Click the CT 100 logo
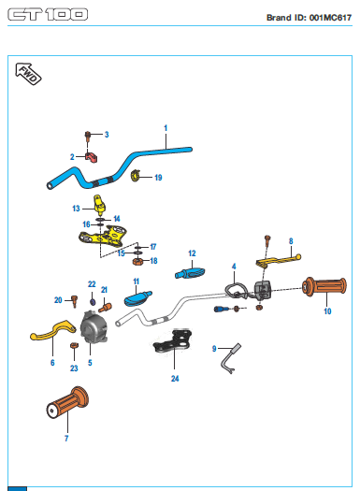click(x=48, y=14)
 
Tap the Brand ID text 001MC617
click(x=330, y=18)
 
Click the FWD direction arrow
click(x=28, y=74)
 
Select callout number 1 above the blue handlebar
click(x=166, y=128)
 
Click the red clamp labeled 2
click(x=91, y=157)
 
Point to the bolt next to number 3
click(x=88, y=136)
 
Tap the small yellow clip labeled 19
click(x=136, y=176)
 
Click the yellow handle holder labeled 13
click(x=99, y=205)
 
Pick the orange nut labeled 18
click(x=137, y=261)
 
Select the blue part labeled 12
click(x=190, y=272)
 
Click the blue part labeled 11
click(x=137, y=298)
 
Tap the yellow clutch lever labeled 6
click(x=53, y=331)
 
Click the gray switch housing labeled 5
click(x=94, y=326)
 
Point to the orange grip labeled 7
click(x=67, y=403)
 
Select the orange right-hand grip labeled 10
click(x=324, y=286)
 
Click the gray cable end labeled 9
click(x=231, y=358)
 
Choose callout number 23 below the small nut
click(x=74, y=368)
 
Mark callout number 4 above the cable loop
click(x=234, y=267)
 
